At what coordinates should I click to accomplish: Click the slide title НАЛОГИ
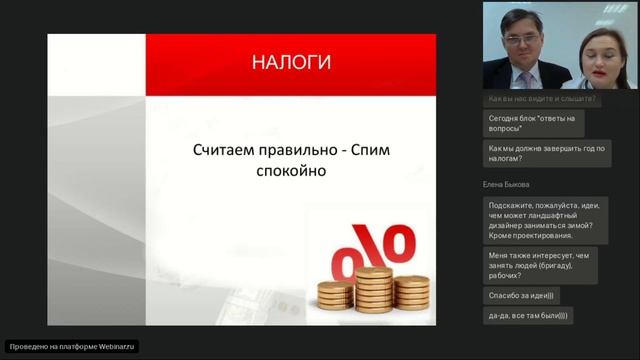click(x=290, y=62)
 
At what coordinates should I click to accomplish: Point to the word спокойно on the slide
click(x=285, y=171)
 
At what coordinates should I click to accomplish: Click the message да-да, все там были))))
click(x=527, y=315)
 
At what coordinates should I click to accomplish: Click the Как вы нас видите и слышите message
click(x=542, y=99)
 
